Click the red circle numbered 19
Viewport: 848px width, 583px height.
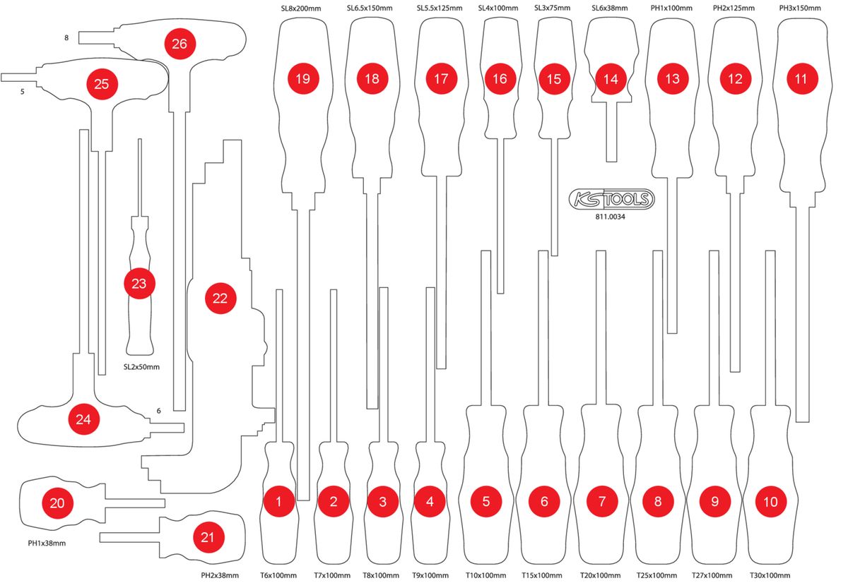click(x=302, y=79)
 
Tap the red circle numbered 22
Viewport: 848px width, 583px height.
click(x=220, y=299)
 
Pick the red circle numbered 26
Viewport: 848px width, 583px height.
click(x=179, y=44)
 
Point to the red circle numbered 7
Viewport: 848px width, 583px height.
click(x=601, y=502)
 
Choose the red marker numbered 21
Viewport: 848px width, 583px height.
click(x=207, y=537)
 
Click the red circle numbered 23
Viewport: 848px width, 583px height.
click(x=139, y=284)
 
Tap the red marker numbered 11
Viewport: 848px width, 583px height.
click(x=800, y=79)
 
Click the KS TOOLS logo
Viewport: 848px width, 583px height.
click(x=612, y=200)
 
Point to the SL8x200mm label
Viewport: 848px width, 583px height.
click(x=302, y=8)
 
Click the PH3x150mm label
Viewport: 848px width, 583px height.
click(x=799, y=8)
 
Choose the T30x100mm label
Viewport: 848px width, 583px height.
click(x=770, y=575)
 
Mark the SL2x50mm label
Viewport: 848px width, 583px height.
click(x=141, y=367)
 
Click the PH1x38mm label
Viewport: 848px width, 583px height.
click(x=46, y=543)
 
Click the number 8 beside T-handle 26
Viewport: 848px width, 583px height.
click(x=66, y=37)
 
